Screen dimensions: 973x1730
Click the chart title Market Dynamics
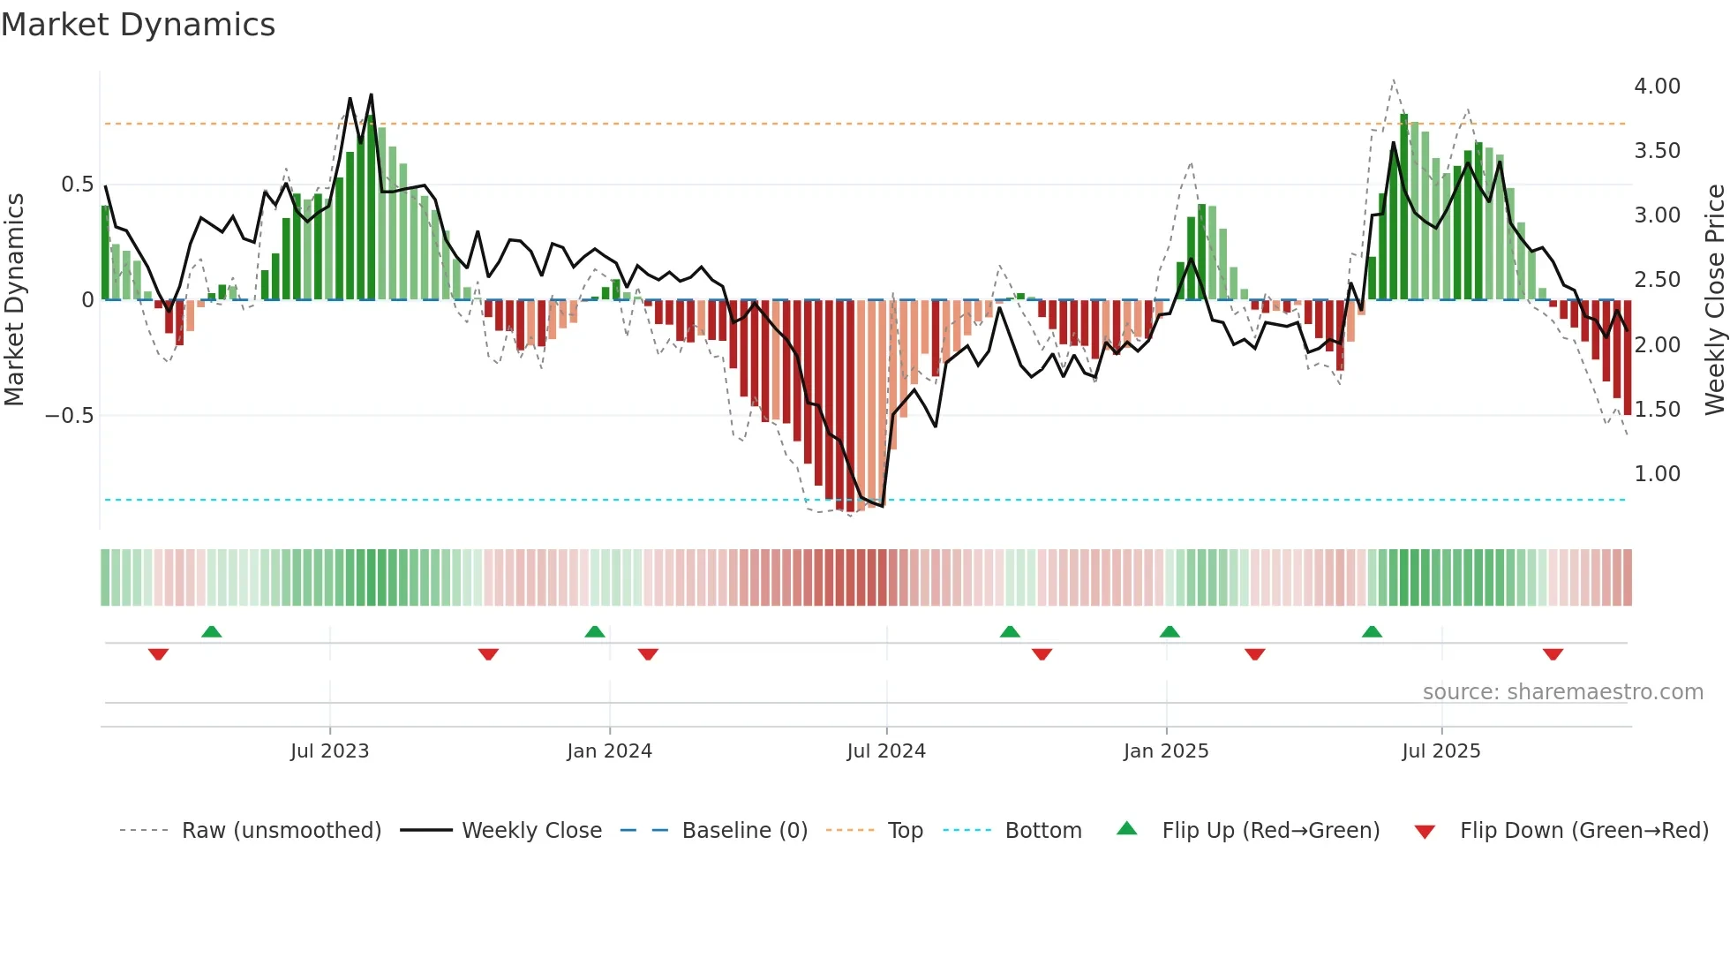pos(138,25)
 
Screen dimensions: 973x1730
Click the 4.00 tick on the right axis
pos(1657,87)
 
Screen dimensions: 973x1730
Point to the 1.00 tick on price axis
pos(1657,474)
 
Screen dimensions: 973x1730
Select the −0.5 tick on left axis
pos(69,416)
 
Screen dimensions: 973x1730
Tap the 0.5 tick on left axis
pos(77,185)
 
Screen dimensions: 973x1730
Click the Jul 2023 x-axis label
pos(329,751)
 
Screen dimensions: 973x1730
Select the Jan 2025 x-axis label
pos(1165,751)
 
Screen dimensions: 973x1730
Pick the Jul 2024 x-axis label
pos(885,751)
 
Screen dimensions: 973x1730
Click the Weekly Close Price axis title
pos(1714,299)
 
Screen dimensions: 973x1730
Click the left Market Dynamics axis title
pos(14,299)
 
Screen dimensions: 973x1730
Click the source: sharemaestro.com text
pos(1562,692)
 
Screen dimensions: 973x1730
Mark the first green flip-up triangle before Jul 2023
pos(211,632)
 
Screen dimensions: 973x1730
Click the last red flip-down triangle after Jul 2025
pos(1553,654)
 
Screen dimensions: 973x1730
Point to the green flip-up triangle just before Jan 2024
pos(595,632)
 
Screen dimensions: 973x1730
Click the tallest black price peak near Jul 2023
pos(371,95)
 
